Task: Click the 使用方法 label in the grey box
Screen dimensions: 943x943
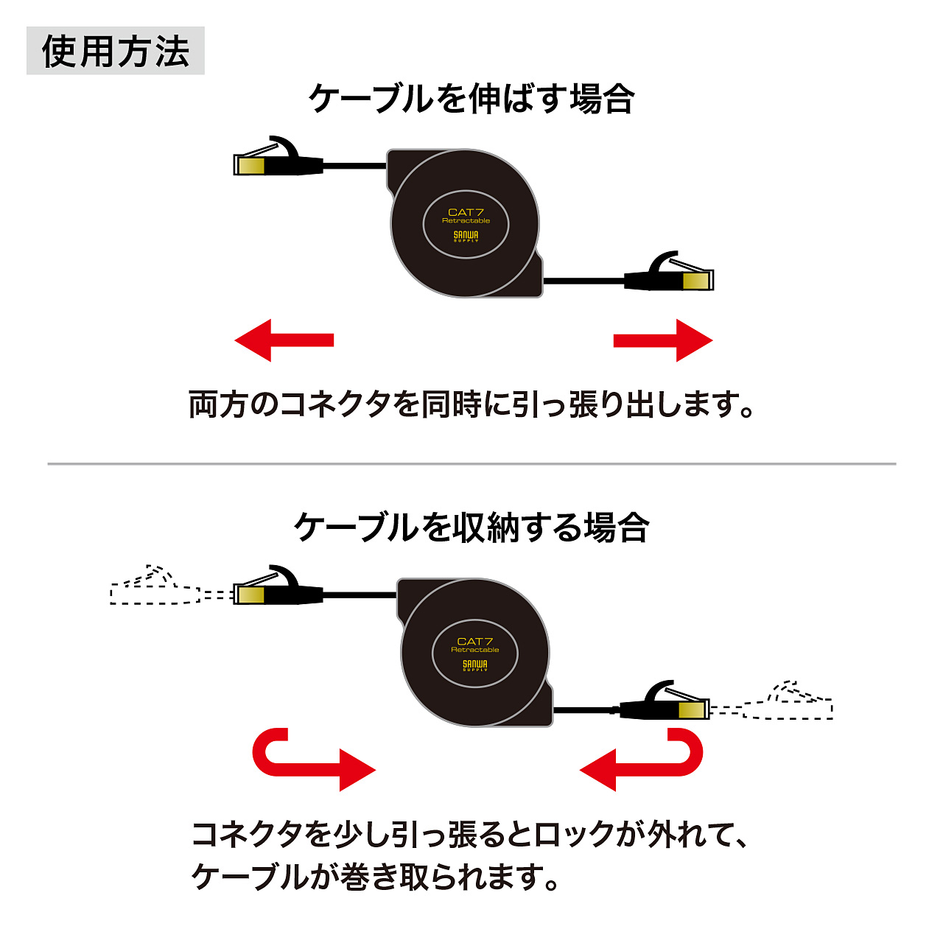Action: pos(116,52)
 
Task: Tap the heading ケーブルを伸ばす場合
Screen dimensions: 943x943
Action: pos(471,99)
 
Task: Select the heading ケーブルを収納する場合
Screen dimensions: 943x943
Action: pos(471,527)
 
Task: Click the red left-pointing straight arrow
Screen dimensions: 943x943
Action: pos(284,340)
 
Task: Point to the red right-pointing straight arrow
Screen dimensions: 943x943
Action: pos(663,340)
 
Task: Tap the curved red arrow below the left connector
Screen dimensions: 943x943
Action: pos(309,763)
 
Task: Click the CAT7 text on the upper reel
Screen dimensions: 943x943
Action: pos(466,212)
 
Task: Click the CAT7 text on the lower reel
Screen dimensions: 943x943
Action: pos(475,642)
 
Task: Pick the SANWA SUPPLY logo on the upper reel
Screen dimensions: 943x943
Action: pos(466,236)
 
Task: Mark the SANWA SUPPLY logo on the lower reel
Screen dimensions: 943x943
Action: pos(475,666)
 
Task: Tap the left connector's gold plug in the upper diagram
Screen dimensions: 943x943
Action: pos(251,164)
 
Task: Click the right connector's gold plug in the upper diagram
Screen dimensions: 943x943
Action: pos(696,281)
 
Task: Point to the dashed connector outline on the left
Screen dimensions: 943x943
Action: pos(155,588)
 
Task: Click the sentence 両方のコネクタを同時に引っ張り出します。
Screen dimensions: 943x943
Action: pos(471,404)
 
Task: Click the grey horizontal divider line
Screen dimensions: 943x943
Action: pos(471,464)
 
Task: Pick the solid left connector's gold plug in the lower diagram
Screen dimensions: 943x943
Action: pos(250,594)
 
